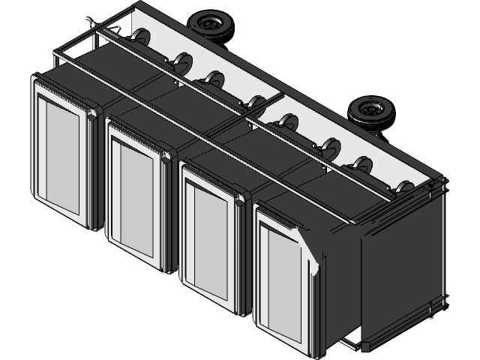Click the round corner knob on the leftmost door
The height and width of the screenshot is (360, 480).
(92, 115)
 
